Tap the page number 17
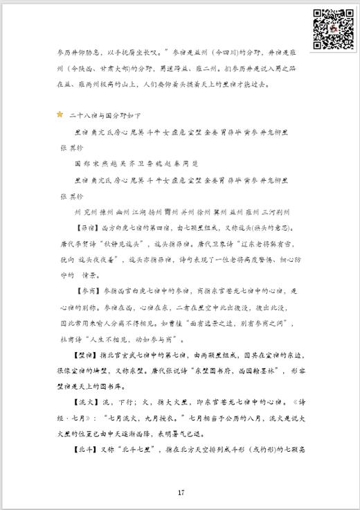tap(180, 493)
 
